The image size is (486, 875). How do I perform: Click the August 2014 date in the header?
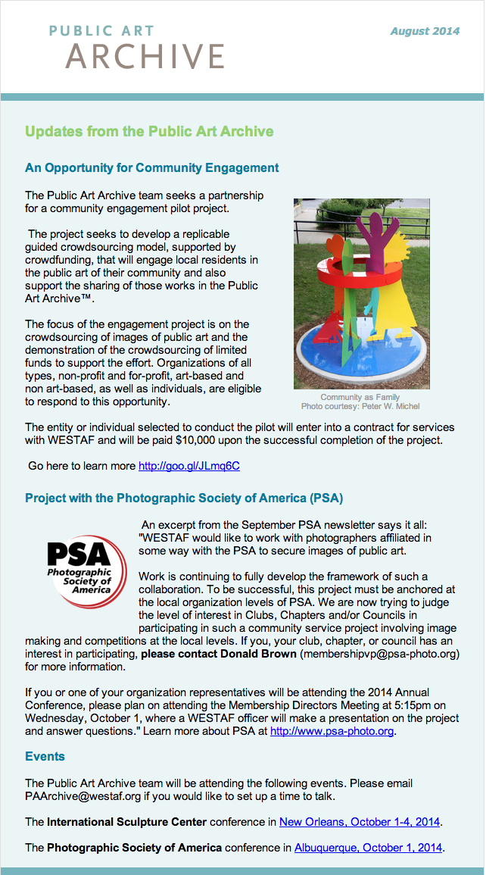[x=425, y=31]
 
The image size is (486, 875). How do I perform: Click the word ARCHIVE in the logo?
[x=145, y=56]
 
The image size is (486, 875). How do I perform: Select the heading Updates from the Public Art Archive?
[x=149, y=132]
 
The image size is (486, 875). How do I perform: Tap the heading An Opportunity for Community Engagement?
[x=151, y=168]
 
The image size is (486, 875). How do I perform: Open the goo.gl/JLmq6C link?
[x=188, y=466]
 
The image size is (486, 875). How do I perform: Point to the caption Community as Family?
[x=360, y=397]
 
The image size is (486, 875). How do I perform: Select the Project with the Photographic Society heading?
[x=184, y=498]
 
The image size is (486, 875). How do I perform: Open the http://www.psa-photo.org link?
[x=332, y=732]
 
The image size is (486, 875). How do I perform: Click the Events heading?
[x=45, y=756]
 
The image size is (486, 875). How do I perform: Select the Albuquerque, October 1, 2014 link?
[x=368, y=848]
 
